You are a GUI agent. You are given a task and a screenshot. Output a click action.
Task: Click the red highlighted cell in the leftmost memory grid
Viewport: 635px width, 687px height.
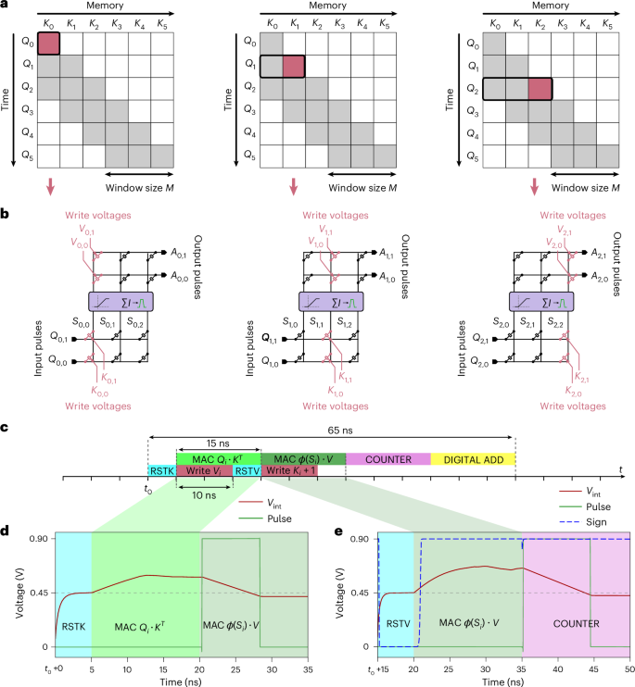(x=49, y=44)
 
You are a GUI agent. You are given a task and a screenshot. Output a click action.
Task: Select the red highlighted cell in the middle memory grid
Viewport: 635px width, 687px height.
(x=293, y=67)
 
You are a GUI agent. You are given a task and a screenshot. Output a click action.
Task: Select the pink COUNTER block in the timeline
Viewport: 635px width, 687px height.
(x=387, y=458)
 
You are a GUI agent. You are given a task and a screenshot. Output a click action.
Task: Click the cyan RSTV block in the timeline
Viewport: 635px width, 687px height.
(x=246, y=470)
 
